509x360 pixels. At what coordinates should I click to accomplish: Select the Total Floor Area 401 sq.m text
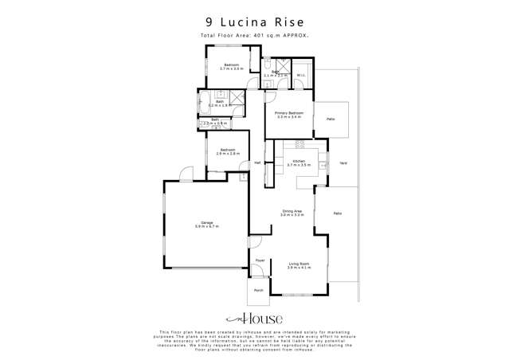[x=254, y=37]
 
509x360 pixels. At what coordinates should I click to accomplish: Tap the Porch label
[x=258, y=290]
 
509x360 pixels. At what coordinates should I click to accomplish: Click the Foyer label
[x=259, y=261]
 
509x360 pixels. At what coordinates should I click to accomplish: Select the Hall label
[x=257, y=163]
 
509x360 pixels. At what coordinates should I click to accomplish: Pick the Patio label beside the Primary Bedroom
[x=330, y=119]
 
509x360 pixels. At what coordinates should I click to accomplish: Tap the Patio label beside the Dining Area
[x=337, y=213]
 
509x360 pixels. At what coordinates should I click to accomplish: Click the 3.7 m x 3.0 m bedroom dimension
[x=231, y=68]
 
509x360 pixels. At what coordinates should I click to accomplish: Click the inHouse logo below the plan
[x=254, y=318]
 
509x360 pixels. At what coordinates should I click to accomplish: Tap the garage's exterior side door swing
[x=185, y=172]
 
